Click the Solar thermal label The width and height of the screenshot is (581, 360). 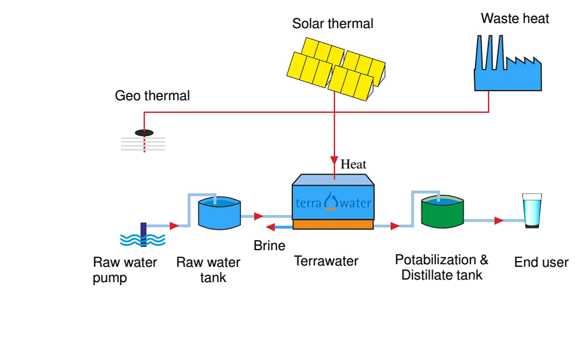(x=333, y=24)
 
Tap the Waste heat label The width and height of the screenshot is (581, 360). (x=515, y=19)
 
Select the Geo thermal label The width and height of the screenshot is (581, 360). (x=152, y=96)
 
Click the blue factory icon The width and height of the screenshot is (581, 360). (x=507, y=70)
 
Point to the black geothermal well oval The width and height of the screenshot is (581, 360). (x=144, y=133)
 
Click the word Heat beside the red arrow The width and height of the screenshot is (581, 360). (x=353, y=165)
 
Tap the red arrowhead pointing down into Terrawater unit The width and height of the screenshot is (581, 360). (x=334, y=160)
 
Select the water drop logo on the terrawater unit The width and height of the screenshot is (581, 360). (x=331, y=202)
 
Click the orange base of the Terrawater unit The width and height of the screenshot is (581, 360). (x=333, y=225)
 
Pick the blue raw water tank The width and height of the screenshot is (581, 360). (x=219, y=213)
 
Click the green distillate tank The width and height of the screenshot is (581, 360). (x=442, y=213)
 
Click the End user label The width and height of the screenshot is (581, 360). (x=541, y=262)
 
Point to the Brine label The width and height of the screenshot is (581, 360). (x=269, y=246)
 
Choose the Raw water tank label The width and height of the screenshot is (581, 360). (x=208, y=270)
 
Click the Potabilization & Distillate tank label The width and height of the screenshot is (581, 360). (x=441, y=267)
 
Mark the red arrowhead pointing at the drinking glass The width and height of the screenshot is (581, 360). (x=499, y=221)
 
